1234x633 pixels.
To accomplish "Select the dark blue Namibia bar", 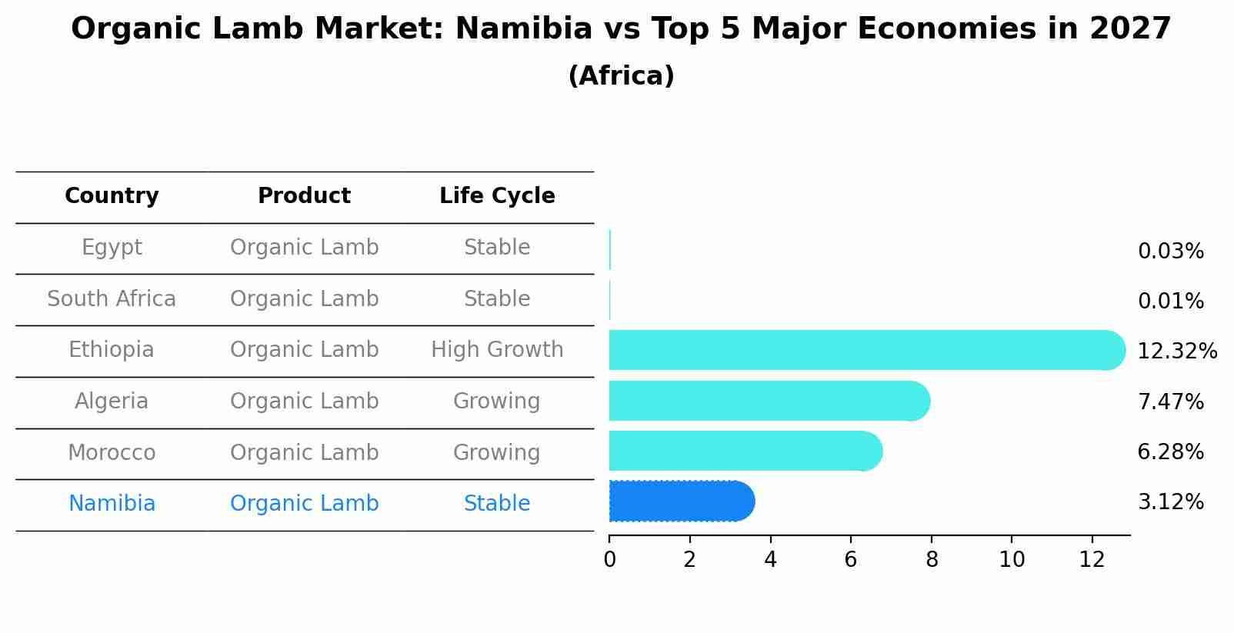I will pyautogui.click(x=681, y=501).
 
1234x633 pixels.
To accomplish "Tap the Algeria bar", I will pyautogui.click(x=769, y=401).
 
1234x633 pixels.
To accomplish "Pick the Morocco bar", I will pyautogui.click(x=745, y=451).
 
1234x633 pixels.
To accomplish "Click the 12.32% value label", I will pyautogui.click(x=1176, y=351).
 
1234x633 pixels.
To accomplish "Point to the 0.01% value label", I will pyautogui.click(x=1170, y=302).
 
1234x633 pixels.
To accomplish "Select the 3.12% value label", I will pyautogui.click(x=1170, y=502).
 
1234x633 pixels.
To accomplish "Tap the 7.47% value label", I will pyautogui.click(x=1170, y=401).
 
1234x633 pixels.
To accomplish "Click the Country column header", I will pyautogui.click(x=112, y=196).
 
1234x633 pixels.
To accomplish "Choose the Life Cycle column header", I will pyautogui.click(x=497, y=196).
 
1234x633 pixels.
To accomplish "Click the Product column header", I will pyautogui.click(x=304, y=196).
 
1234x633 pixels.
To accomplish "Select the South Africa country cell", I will pyautogui.click(x=112, y=299).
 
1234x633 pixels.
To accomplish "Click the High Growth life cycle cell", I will pyautogui.click(x=497, y=350).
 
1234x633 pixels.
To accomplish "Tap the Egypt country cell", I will pyautogui.click(x=112, y=248).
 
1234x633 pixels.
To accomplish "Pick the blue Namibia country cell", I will pyautogui.click(x=112, y=504).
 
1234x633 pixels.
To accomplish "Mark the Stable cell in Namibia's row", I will pyautogui.click(x=497, y=504).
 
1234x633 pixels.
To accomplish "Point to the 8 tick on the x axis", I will pyautogui.click(x=931, y=560).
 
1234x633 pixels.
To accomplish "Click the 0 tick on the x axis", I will pyautogui.click(x=609, y=560).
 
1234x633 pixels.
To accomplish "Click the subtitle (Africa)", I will pyautogui.click(x=621, y=76).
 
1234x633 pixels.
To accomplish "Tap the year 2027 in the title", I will pyautogui.click(x=1130, y=29).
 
